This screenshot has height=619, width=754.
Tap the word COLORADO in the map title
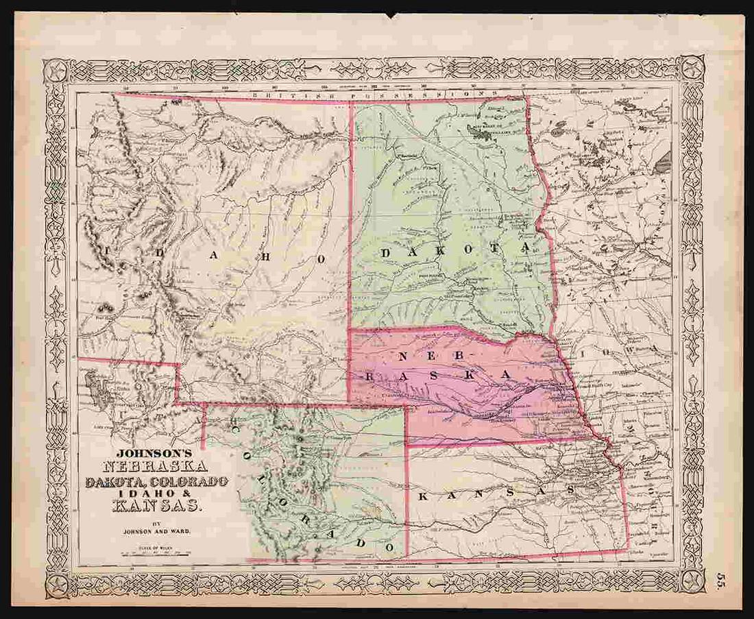(189, 482)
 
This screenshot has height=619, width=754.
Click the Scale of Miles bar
(154, 552)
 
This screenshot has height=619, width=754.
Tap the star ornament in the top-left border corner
(56, 70)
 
